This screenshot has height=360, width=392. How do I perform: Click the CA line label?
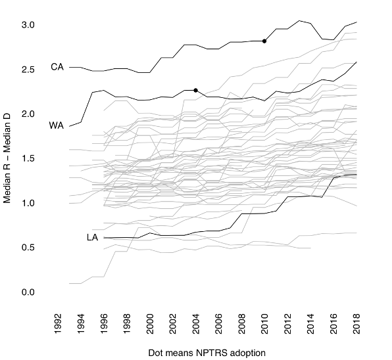(x=57, y=67)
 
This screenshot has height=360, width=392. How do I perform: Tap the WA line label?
(x=57, y=125)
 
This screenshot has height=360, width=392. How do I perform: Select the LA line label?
(x=92, y=237)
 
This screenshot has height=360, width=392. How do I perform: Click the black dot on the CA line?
(x=264, y=41)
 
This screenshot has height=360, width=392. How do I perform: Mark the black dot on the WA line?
(x=196, y=90)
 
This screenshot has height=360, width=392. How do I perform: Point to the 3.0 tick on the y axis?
(x=28, y=25)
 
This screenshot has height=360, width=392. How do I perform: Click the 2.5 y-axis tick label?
(x=28, y=70)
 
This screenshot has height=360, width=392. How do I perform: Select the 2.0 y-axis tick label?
(x=28, y=114)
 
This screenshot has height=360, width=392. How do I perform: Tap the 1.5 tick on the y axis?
(x=28, y=159)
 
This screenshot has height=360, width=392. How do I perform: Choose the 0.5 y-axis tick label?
(x=28, y=248)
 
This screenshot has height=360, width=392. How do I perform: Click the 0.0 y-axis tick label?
(x=28, y=292)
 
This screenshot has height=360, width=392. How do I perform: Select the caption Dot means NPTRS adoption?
(x=207, y=353)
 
